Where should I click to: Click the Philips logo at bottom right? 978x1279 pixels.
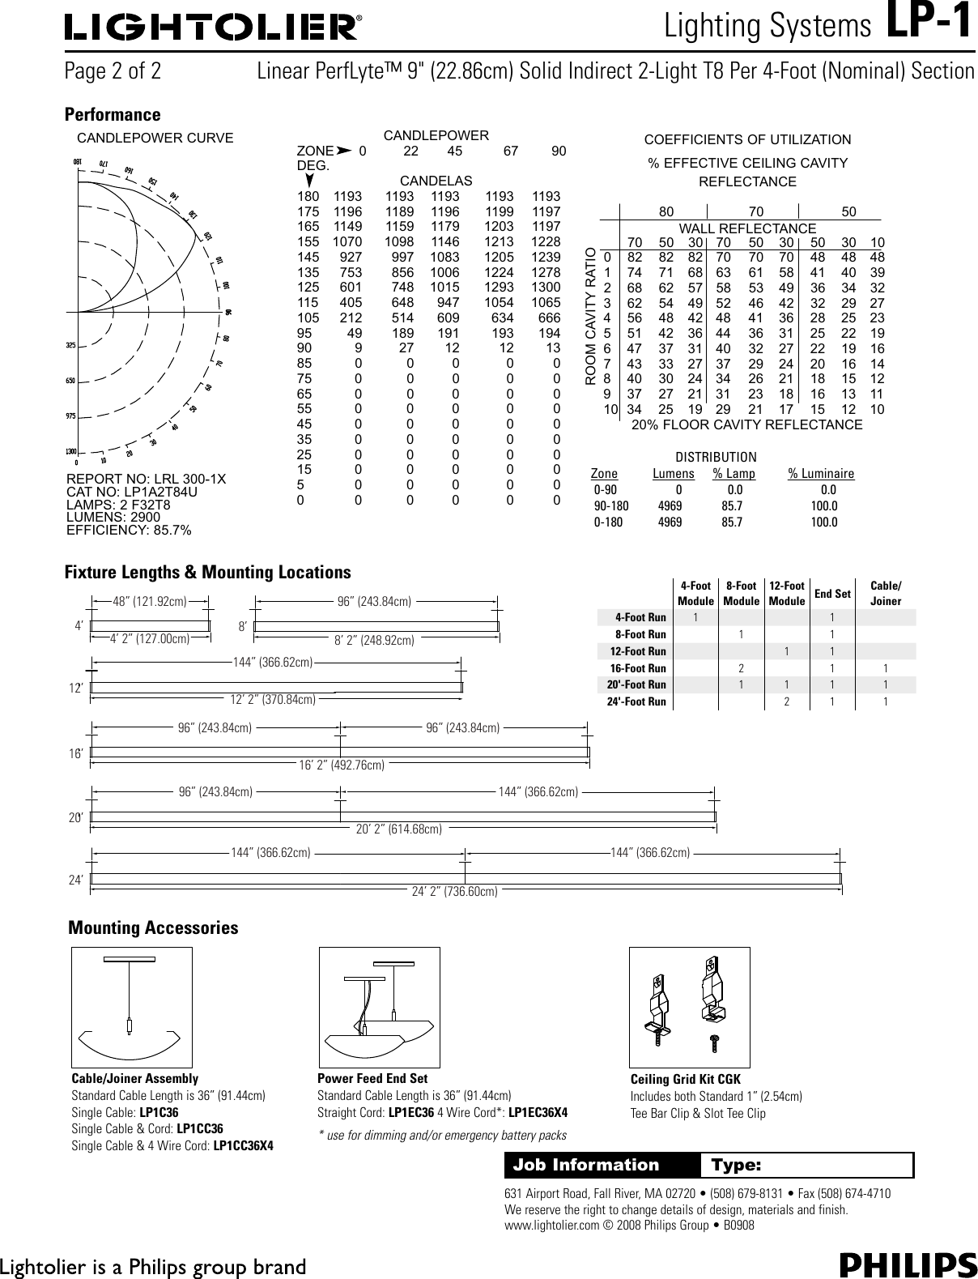point(908,1264)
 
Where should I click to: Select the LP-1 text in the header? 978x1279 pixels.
point(929,24)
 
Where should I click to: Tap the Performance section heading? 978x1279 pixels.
point(113,115)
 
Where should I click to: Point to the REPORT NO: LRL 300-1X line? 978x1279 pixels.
point(146,480)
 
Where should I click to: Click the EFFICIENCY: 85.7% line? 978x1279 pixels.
point(129,530)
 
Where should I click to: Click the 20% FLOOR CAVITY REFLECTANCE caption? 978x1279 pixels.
point(746,424)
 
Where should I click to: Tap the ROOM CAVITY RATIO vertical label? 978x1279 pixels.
point(590,316)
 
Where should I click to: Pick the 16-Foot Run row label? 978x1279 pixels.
point(638,668)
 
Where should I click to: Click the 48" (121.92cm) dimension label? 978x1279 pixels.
point(150,602)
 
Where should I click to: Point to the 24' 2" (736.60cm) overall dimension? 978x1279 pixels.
point(454,892)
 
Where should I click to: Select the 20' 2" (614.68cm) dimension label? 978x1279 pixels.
point(399,829)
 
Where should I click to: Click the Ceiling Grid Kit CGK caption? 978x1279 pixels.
point(685,1079)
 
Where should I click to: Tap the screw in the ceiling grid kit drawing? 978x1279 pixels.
point(715,1042)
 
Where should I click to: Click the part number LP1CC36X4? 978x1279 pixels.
point(243,1145)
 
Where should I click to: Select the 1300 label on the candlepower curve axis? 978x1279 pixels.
point(71,451)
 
